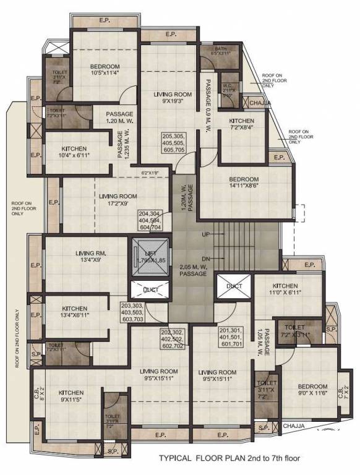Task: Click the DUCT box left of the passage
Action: pyautogui.click(x=149, y=290)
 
